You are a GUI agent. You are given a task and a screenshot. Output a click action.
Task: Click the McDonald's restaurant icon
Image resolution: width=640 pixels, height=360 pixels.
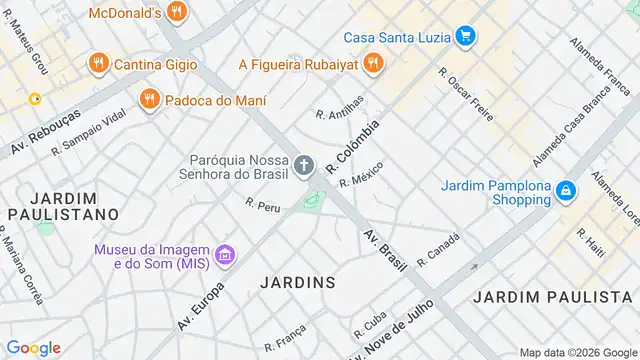[x=177, y=13]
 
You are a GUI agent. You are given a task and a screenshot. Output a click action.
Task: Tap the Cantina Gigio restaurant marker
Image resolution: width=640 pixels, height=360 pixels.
[x=98, y=64]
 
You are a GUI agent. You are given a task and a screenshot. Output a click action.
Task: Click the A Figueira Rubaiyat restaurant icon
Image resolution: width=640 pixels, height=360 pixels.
[x=372, y=64]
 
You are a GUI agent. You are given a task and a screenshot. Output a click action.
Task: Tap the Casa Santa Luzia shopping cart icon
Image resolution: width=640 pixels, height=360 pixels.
[x=464, y=37]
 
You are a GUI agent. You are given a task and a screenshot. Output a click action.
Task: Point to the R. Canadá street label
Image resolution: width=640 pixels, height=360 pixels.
[x=438, y=250]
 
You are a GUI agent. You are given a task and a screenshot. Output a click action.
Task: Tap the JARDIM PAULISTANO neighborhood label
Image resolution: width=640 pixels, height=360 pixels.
[x=62, y=206]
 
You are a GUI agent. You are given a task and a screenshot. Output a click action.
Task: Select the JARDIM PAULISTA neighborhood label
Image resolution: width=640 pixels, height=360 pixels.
[x=551, y=297]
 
